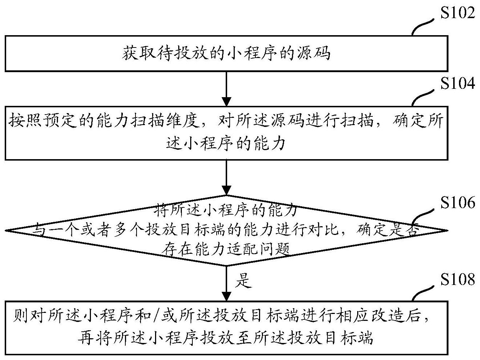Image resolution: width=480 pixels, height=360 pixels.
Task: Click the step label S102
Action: pos(457,13)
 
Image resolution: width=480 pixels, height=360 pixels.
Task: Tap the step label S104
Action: pos(457,84)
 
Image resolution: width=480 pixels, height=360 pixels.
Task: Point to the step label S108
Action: pos(457,280)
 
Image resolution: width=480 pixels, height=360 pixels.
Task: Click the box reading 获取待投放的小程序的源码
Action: pos(226,53)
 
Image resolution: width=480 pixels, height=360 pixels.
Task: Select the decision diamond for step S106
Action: pos(226,230)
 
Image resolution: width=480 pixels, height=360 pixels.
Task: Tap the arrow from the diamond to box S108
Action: pos(226,283)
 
